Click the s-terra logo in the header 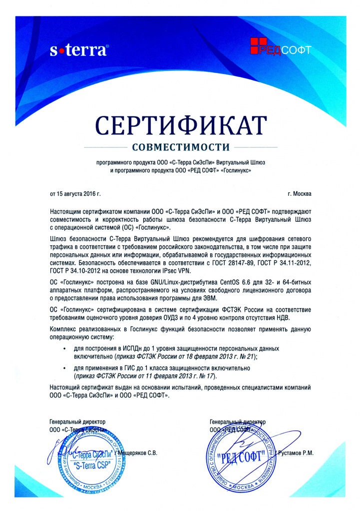click(79, 49)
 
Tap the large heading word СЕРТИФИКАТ click(180, 125)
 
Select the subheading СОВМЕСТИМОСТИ click(180, 147)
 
